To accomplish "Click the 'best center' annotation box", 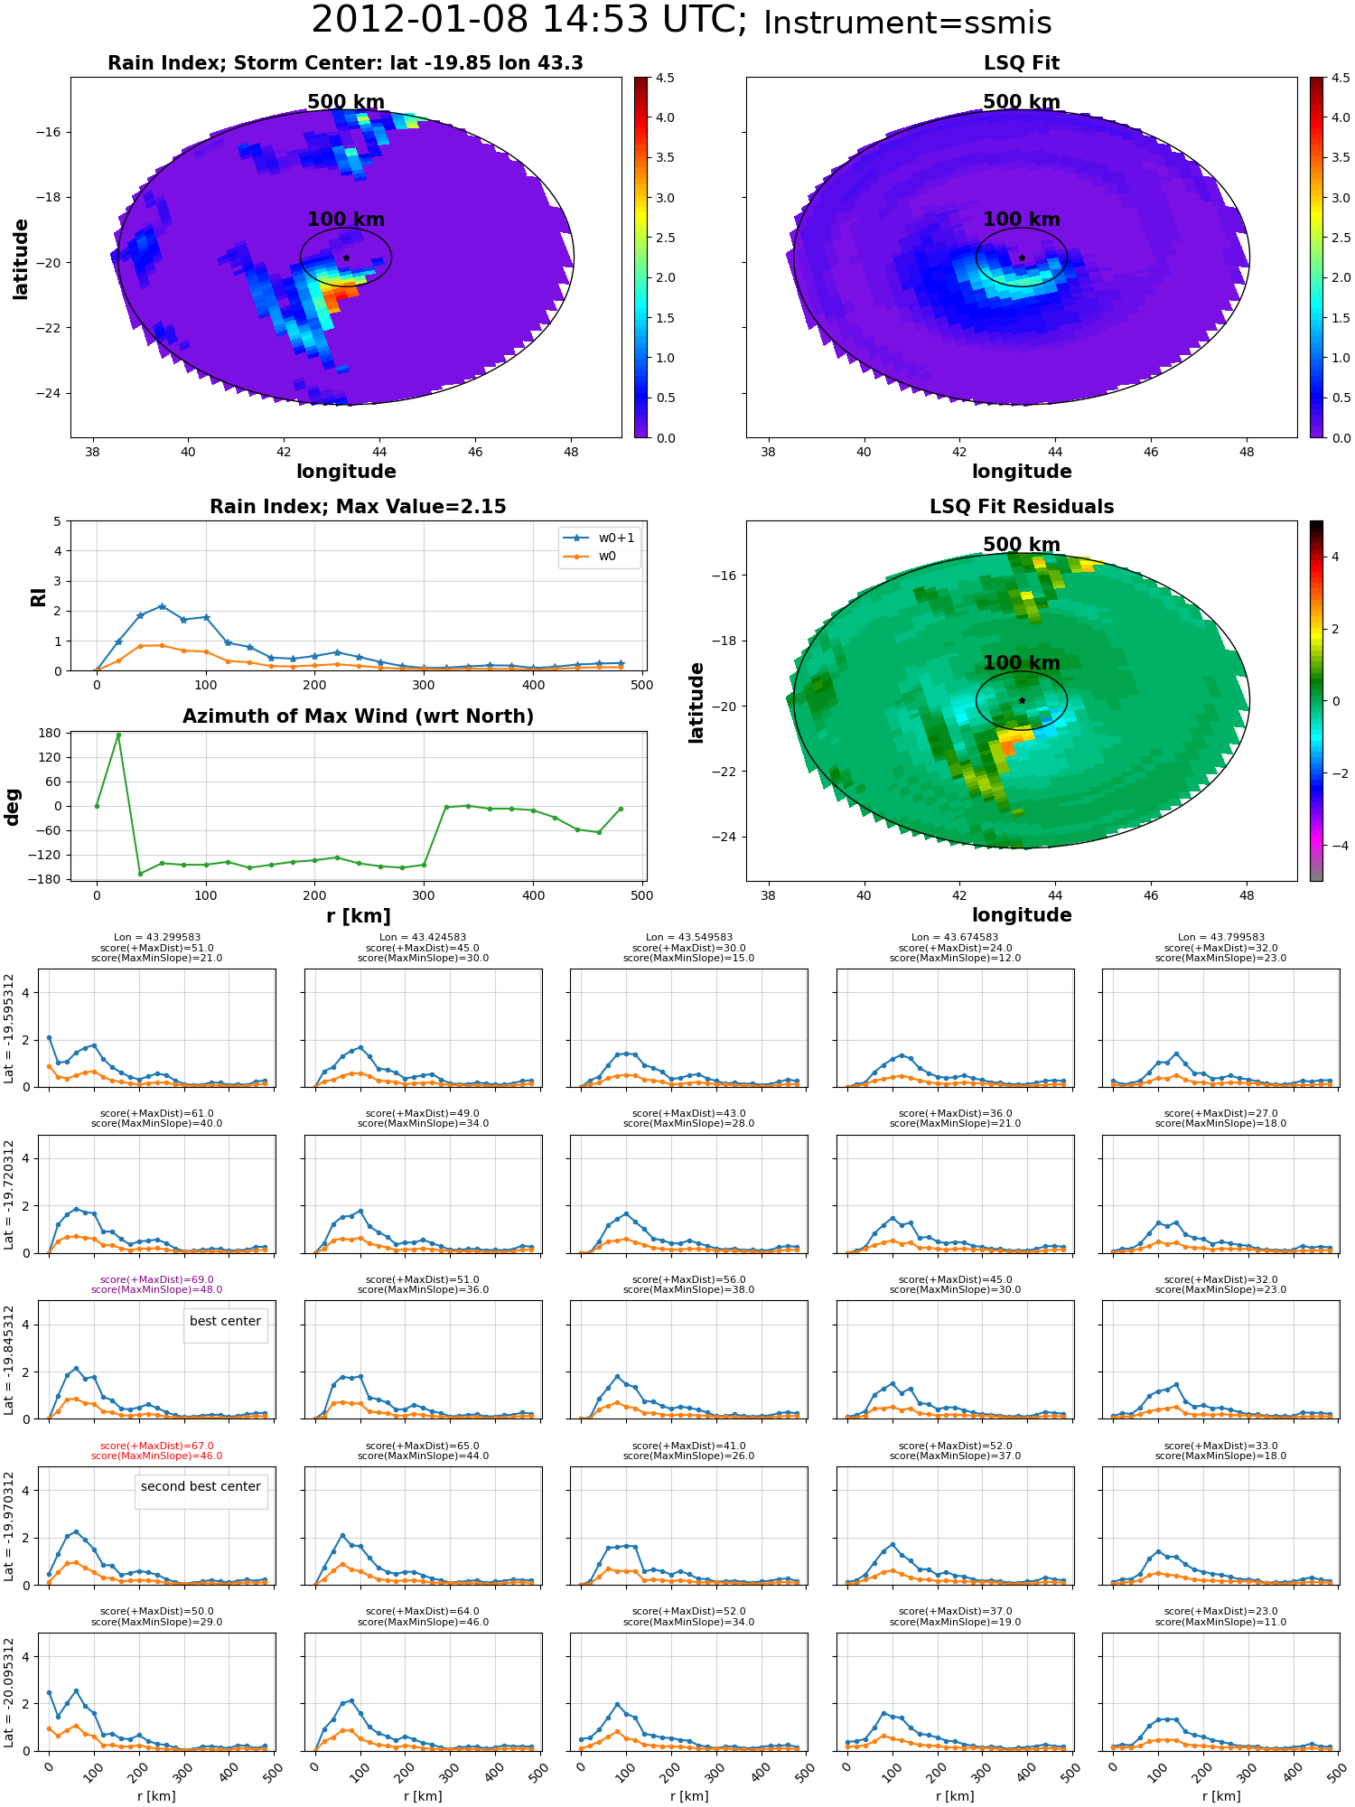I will pos(225,1321).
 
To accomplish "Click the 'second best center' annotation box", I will pos(201,1486).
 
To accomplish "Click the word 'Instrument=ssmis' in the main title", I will pos(907,23).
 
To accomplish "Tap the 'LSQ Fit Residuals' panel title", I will pos(1021,507).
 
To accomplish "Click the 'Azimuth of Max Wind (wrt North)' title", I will pos(358,716).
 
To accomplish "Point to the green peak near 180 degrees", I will pos(118,735).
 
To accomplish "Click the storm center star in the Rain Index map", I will pos(346,257).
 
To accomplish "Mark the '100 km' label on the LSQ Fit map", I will pos(1021,220).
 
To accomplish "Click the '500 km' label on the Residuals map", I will pos(1021,545).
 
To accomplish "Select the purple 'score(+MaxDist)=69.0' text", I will pos(157,1279).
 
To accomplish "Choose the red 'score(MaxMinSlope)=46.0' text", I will pos(157,1456).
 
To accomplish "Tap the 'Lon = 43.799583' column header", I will pos(1220,938).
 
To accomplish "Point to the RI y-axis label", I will pos(39,597).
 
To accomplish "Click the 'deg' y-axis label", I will pos(13,807).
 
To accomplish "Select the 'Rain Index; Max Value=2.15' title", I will pos(358,507).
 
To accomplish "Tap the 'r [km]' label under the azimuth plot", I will pos(358,916).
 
